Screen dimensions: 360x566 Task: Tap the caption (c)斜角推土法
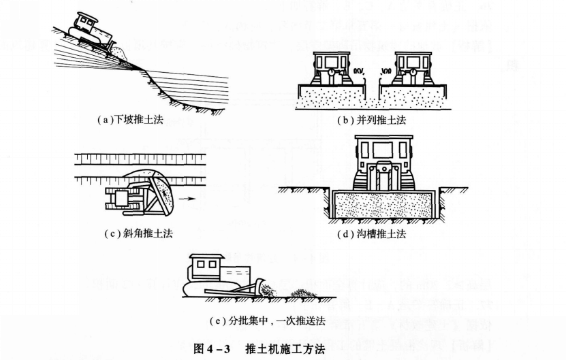pos(135,233)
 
